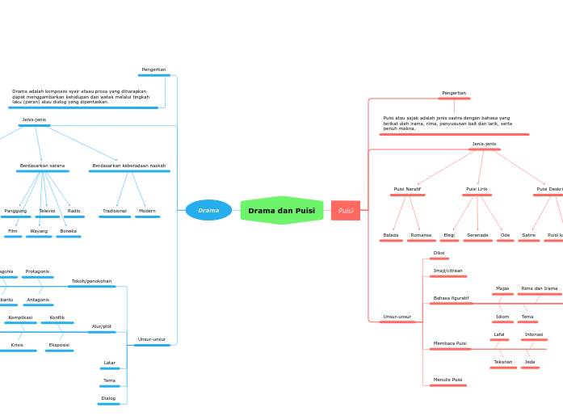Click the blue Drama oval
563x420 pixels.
point(208,210)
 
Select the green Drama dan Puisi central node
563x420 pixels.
point(281,211)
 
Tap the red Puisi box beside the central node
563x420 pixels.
point(346,211)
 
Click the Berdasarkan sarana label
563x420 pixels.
point(42,166)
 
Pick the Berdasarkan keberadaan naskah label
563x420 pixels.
point(129,166)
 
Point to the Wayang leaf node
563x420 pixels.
point(39,231)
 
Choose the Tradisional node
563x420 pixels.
point(115,211)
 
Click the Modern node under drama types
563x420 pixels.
point(147,211)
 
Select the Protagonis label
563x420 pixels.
point(37,271)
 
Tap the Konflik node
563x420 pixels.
point(57,317)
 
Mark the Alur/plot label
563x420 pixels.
point(102,326)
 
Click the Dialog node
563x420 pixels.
point(108,398)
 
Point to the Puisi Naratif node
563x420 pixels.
point(407,189)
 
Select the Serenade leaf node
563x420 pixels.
point(477,235)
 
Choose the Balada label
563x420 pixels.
point(391,235)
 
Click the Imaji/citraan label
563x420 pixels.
point(447,271)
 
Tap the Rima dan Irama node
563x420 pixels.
point(539,288)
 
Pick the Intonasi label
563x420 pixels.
point(534,334)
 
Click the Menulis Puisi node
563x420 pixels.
point(447,380)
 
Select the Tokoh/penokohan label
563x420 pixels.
point(91,281)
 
